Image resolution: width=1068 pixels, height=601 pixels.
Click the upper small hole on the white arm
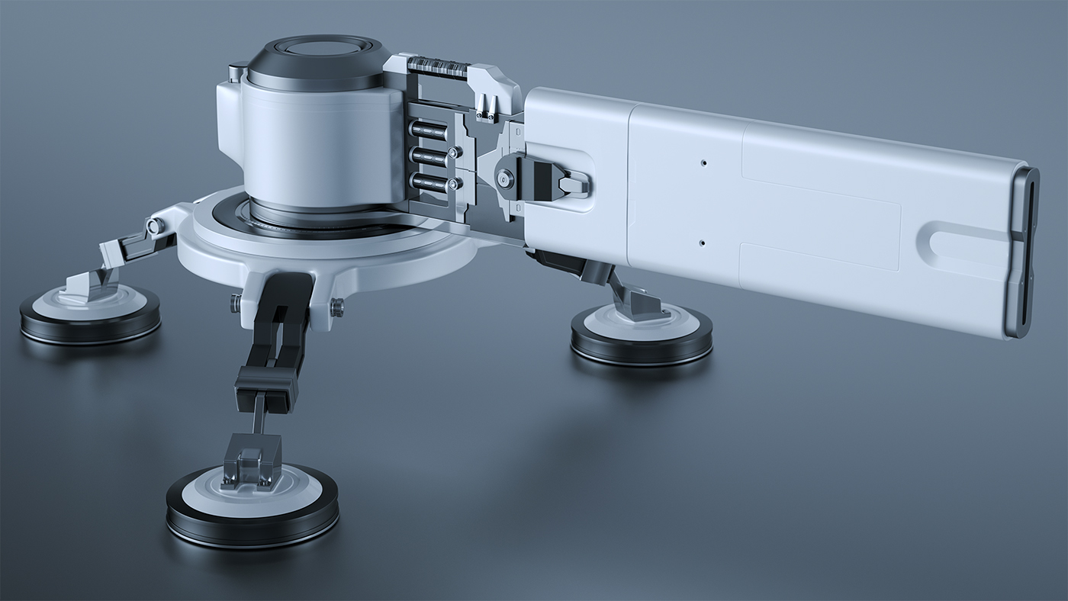coord(704,162)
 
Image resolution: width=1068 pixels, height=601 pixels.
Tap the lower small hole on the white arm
coord(702,243)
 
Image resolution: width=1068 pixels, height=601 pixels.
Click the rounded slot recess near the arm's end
coord(961,243)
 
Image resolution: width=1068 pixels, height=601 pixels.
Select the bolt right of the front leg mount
coord(336,307)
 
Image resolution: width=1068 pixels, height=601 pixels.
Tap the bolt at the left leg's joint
coord(154,226)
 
